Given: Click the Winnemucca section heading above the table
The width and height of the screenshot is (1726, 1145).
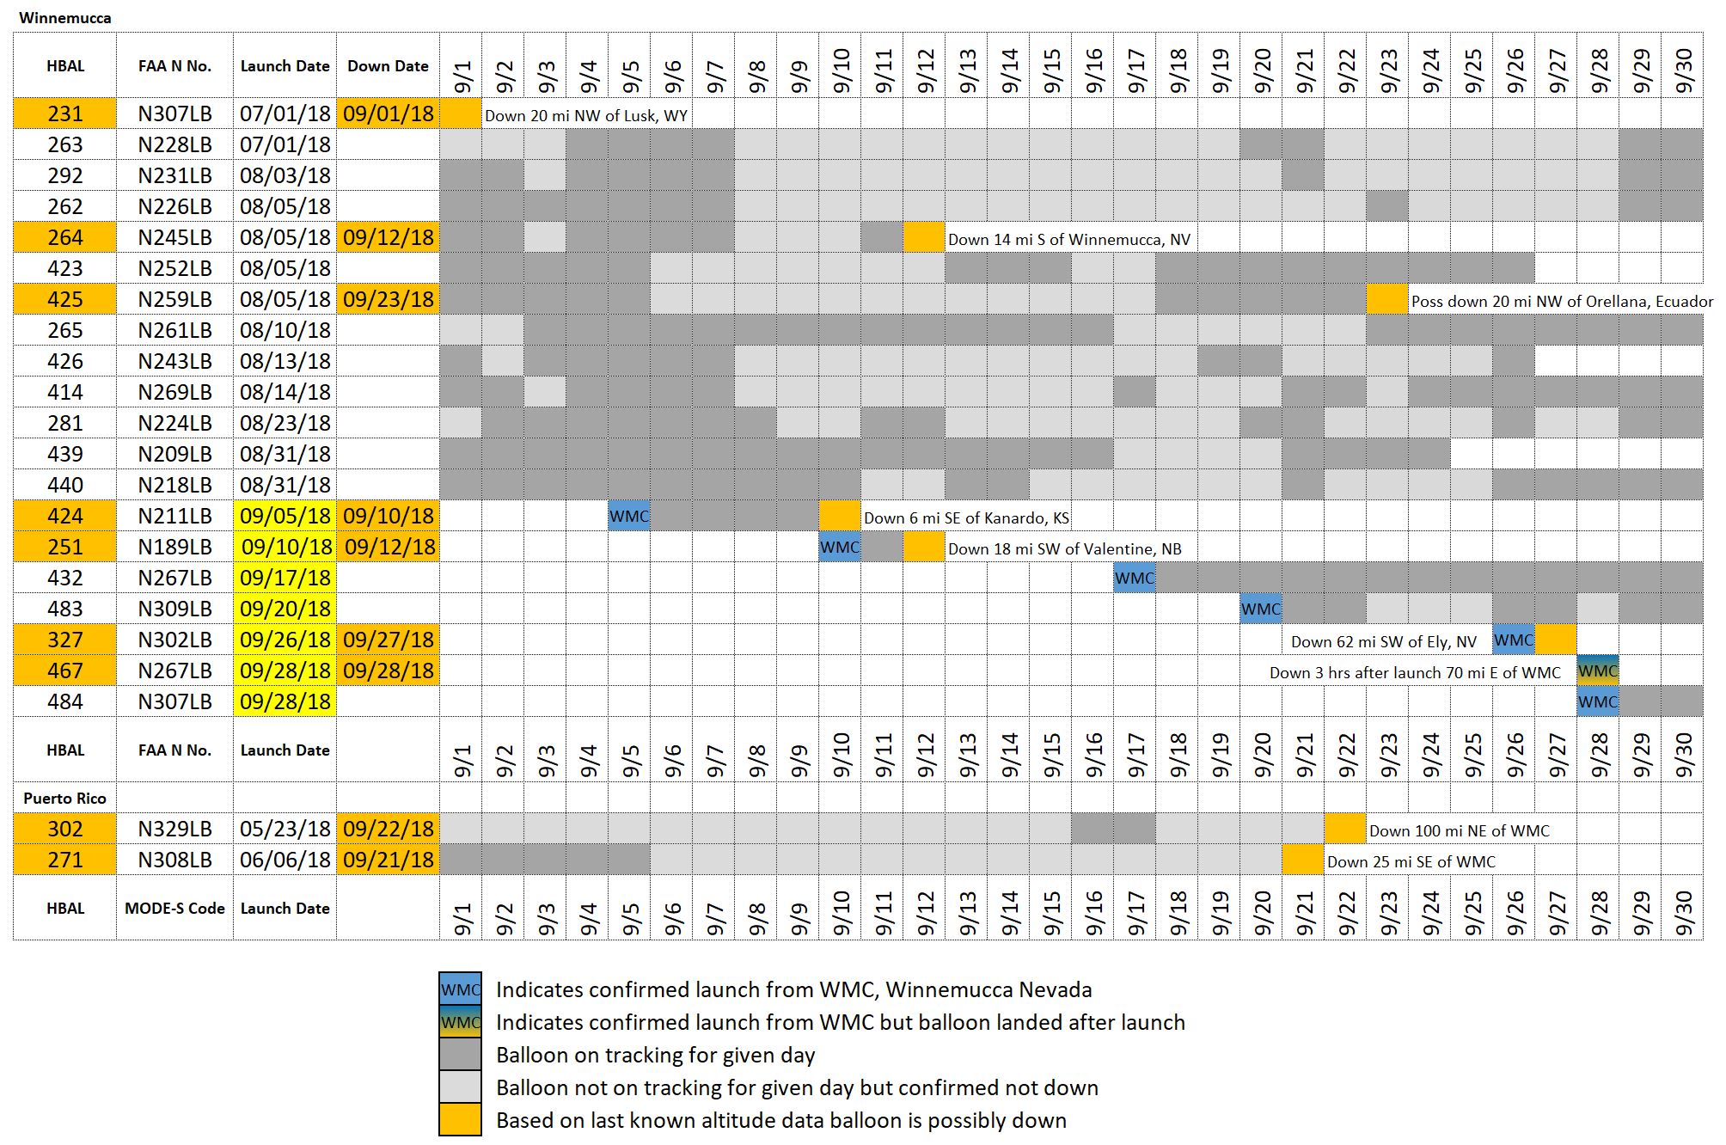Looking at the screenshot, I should (64, 18).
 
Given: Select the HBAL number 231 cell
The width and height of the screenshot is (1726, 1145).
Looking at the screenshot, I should (64, 113).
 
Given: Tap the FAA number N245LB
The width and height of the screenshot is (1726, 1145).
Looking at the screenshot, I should (174, 237).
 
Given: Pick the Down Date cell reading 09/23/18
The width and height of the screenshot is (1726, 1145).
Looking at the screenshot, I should (388, 299).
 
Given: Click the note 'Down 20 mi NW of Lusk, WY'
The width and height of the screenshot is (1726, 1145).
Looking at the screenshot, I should (586, 115).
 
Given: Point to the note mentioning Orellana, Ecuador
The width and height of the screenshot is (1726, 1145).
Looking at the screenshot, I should (1562, 301).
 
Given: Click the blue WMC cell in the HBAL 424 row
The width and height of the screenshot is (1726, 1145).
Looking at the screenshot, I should (629, 517).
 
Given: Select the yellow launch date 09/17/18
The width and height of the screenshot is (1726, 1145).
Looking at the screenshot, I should (285, 578).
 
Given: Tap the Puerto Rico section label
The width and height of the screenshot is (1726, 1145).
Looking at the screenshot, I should (64, 798).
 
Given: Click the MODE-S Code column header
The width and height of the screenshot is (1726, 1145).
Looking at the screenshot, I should (174, 908).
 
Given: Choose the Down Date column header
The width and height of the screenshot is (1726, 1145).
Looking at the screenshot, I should (388, 66).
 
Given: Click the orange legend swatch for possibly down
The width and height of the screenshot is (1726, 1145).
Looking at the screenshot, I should (460, 1120).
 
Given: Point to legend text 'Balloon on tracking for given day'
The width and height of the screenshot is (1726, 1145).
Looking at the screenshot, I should (655, 1055).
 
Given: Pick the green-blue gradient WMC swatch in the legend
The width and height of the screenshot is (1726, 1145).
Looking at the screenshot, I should (460, 1022).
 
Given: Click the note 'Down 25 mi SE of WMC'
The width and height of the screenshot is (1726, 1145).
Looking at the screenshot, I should (1411, 861).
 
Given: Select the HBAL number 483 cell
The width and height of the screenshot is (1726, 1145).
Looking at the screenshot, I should (64, 609).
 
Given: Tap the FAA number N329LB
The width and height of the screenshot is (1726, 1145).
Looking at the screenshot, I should (174, 829).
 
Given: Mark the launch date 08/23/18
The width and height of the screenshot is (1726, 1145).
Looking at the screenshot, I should (285, 423).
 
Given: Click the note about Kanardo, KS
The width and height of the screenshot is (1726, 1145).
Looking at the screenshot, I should (966, 517).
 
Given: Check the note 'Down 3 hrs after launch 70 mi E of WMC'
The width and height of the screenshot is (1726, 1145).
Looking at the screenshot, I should (1414, 672).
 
